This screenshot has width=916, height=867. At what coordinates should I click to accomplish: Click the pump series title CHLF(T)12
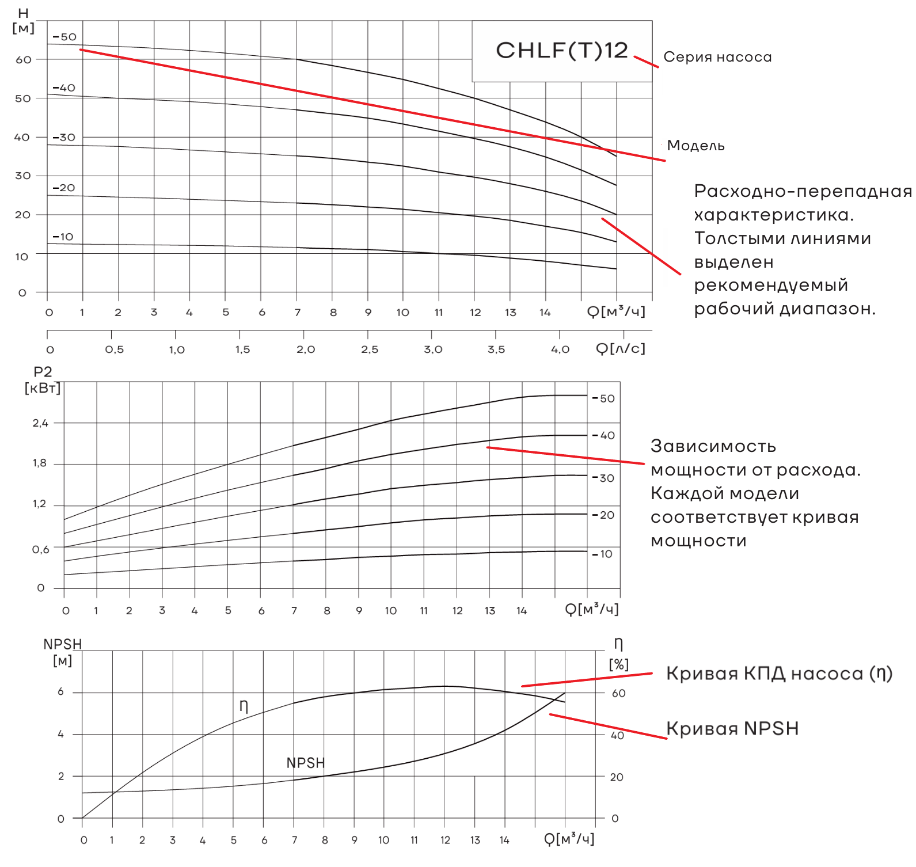(561, 51)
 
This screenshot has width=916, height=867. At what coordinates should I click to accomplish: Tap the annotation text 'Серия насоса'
(717, 57)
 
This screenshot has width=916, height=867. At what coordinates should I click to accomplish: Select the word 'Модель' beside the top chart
(695, 146)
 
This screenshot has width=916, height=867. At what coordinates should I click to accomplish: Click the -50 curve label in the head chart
(64, 37)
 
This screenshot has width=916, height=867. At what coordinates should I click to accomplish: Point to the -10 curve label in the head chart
(63, 237)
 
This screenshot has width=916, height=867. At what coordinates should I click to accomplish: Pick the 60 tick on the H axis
(24, 59)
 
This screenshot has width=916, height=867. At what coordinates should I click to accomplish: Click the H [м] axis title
(23, 21)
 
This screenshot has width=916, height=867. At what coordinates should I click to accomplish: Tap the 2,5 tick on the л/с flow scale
(370, 349)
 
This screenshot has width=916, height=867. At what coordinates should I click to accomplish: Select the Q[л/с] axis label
(620, 348)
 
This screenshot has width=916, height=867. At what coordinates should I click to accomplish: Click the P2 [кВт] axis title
(43, 380)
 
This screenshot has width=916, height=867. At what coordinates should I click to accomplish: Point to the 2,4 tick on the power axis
(40, 423)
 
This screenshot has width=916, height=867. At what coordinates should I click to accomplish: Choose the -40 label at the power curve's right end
(604, 435)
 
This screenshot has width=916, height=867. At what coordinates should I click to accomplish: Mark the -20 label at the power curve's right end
(604, 515)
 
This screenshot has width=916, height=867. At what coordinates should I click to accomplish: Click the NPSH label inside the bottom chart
(306, 763)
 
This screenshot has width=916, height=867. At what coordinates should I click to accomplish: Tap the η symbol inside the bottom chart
(244, 706)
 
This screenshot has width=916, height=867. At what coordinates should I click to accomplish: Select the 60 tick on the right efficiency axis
(618, 693)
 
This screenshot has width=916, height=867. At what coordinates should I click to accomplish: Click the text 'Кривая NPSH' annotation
(732, 728)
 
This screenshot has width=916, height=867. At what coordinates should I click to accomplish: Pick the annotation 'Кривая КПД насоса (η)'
(779, 674)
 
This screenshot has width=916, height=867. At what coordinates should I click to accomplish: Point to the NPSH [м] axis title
(63, 652)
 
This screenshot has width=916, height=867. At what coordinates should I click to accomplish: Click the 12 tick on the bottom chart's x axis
(445, 840)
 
